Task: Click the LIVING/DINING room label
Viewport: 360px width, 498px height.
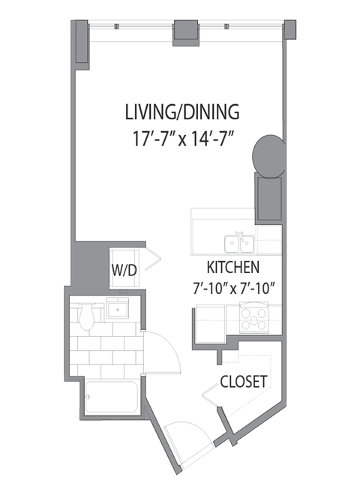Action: tap(182, 113)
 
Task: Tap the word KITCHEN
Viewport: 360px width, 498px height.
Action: tap(233, 268)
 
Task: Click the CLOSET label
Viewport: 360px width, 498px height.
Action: tap(244, 382)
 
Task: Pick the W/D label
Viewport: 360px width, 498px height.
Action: tap(124, 271)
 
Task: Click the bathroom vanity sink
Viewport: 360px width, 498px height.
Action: tap(117, 307)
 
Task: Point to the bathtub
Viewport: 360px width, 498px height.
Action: tap(111, 397)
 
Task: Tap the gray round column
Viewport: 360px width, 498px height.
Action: tap(268, 154)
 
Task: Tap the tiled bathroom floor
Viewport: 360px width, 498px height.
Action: tap(105, 349)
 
